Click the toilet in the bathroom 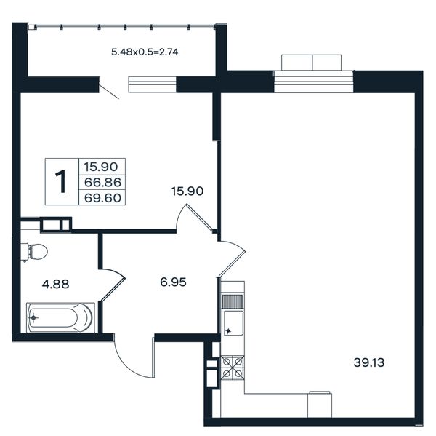(34, 252)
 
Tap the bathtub (60, 317)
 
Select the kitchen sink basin (233, 323)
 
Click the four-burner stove (233, 367)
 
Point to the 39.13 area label (368, 362)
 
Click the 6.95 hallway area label (173, 282)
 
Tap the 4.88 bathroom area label (56, 284)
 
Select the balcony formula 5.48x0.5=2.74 (145, 52)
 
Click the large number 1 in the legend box (61, 181)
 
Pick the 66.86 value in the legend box (102, 183)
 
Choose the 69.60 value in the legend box (102, 198)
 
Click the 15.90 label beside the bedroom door (187, 191)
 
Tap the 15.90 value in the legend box (101, 167)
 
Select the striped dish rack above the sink (233, 301)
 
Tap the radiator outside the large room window (311, 63)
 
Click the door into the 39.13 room (231, 259)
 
